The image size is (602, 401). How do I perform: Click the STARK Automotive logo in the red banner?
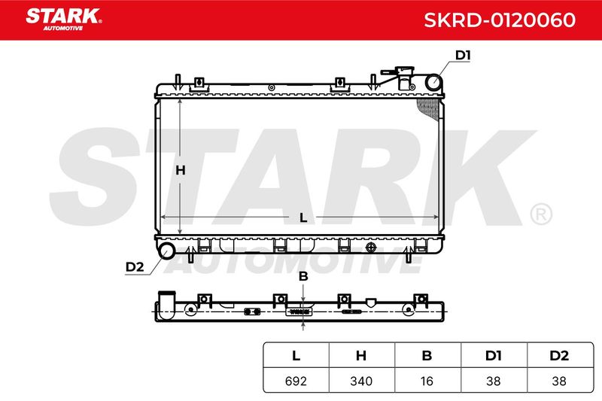tap(64, 20)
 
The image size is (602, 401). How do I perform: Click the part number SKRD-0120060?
tap(500, 20)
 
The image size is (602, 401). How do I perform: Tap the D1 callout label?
tap(463, 55)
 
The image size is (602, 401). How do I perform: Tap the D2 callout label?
tap(135, 266)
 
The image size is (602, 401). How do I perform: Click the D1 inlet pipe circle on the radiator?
tap(434, 83)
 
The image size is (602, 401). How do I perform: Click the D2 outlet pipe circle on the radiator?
tap(166, 251)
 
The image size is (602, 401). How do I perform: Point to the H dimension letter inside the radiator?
tap(181, 170)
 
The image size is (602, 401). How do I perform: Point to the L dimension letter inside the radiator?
tap(303, 217)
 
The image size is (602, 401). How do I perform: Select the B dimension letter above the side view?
tap(303, 276)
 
